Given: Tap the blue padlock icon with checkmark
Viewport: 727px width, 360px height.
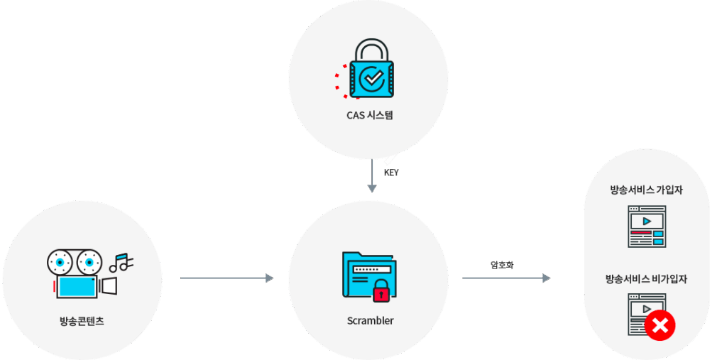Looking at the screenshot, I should (x=371, y=75).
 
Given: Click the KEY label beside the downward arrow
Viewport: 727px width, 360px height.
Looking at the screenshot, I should (x=391, y=173).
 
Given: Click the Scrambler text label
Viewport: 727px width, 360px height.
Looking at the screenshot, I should (x=370, y=320).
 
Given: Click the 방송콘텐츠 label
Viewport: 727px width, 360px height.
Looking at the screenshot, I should (x=82, y=320).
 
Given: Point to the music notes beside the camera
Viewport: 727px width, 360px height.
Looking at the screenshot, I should (x=121, y=263).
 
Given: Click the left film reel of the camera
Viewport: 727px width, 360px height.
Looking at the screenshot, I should (x=60, y=262).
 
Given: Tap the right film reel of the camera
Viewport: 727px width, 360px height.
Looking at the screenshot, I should (x=89, y=262).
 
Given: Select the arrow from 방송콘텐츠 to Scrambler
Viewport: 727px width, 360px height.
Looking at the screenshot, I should (x=227, y=278).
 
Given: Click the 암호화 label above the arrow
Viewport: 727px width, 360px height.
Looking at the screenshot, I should (x=501, y=265).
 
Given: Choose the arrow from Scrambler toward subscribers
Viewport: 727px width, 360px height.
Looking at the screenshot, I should (x=506, y=278).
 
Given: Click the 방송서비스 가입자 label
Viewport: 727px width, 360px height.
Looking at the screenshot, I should (x=646, y=190).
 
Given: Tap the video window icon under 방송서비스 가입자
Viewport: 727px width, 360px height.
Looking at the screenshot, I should (x=646, y=227).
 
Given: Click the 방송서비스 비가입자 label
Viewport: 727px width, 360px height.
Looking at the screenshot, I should (x=646, y=279).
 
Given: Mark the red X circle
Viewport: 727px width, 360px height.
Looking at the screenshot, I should (x=660, y=326).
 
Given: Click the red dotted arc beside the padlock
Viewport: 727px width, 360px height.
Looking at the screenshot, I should (x=341, y=80).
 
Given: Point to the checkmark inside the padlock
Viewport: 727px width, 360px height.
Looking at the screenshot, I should (x=372, y=77).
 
